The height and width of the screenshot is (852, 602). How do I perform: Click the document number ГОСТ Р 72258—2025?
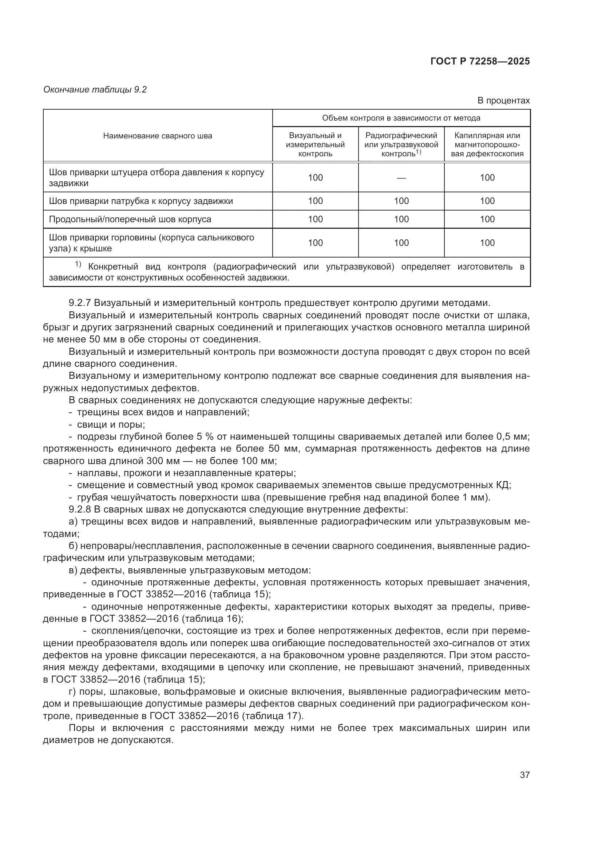480,62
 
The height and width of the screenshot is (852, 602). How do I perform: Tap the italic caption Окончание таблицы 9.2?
95,90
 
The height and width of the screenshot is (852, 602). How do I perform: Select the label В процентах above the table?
503,101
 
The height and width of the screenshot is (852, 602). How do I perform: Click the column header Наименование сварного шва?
158,136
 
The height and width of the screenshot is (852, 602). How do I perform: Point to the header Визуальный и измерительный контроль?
315,145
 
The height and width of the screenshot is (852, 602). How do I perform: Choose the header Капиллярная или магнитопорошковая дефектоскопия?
487,145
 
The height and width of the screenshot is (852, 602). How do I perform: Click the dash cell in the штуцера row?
401,178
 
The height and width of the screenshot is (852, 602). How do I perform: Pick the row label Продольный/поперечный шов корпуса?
130,219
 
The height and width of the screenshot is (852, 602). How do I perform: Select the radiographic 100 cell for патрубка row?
401,201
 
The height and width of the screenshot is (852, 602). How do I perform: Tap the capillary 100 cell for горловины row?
487,243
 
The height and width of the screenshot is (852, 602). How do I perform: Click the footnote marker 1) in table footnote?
78,264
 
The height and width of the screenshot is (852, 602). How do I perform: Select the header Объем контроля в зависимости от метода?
401,118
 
